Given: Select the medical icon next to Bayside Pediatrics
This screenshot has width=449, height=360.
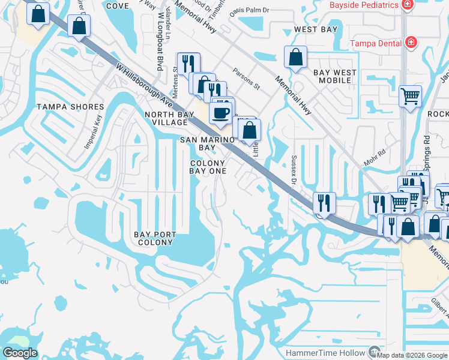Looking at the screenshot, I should coord(408,5).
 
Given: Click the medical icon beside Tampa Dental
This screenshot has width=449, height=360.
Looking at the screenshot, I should coord(411,43).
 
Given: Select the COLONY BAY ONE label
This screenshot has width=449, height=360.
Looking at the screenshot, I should coord(208,167).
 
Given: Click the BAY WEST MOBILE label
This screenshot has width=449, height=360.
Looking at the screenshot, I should coord(334,76).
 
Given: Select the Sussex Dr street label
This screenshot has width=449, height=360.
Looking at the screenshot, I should coord(294,170).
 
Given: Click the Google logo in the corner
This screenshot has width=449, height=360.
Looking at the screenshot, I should coord(20,353).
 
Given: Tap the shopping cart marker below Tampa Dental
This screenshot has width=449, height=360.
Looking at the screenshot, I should coord(410,95).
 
